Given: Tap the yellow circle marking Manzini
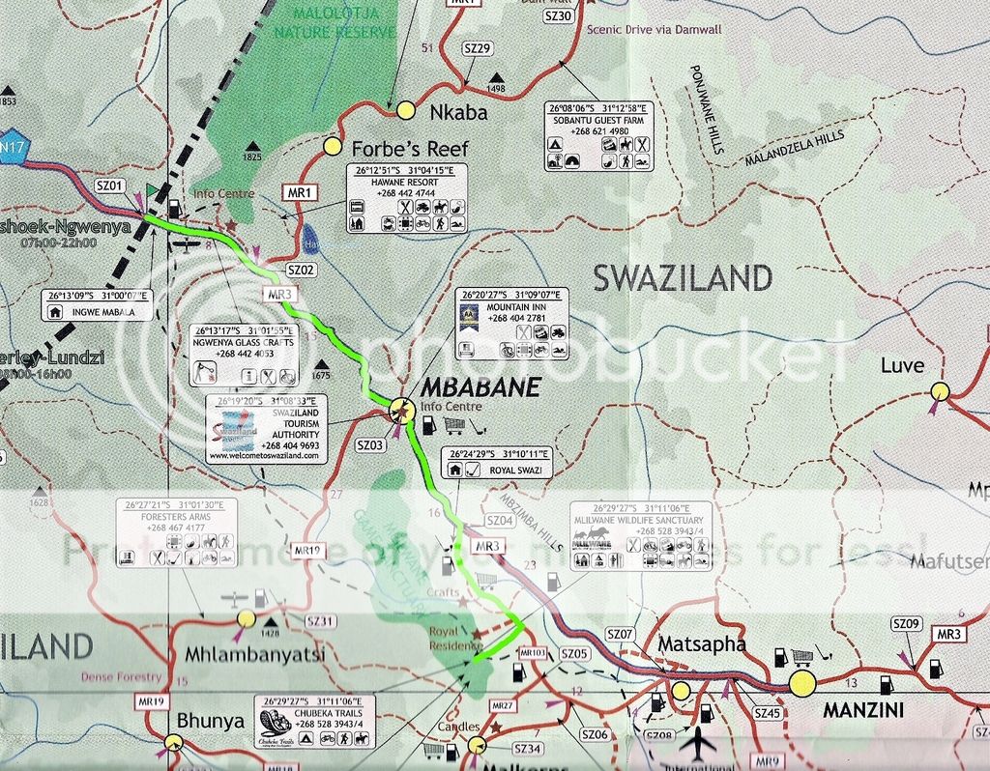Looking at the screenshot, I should coord(801,684).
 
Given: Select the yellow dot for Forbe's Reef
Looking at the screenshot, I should coord(333,147).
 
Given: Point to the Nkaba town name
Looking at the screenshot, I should coord(458,113).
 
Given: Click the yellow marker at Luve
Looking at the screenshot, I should coord(940,391).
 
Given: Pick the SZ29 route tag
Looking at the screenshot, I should coord(478,48).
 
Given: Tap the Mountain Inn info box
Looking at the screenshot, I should coord(512,324).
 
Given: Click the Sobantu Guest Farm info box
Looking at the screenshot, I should coord(599,136).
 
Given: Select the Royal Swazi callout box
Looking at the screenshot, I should coord(496,463).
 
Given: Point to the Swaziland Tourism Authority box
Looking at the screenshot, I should coord(266,429).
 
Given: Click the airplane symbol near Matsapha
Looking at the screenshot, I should coord(698,742).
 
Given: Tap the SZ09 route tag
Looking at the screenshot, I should coord(907,624).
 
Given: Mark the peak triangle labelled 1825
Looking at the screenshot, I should coord(252,144).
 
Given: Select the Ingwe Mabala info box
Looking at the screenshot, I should coord(97,304).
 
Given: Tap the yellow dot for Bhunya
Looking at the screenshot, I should coord(174,742).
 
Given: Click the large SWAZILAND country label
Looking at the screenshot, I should coord(683,279).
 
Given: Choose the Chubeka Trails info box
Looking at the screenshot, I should coord(314,722).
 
